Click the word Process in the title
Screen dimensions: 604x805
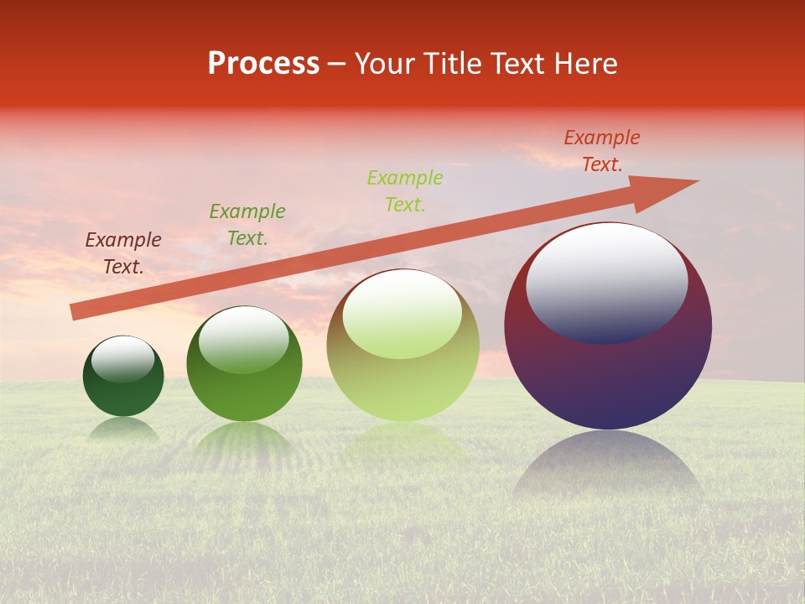coord(263,64)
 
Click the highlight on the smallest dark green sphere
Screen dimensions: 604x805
coord(123,359)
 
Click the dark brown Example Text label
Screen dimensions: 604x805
coord(123,253)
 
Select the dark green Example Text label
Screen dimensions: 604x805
coord(247,225)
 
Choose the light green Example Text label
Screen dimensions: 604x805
coord(405,191)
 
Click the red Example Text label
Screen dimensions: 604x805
coord(602,151)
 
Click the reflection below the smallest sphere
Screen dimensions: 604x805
coord(123,430)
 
